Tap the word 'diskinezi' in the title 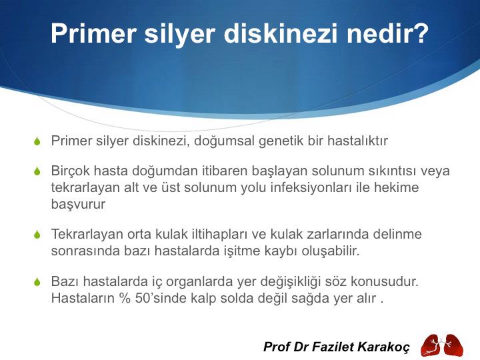pyautogui.click(x=281, y=34)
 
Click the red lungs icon pyautogui.click(x=441, y=344)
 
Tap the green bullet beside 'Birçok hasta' pyautogui.click(x=38, y=171)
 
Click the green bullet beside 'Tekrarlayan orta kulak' pyautogui.click(x=38, y=235)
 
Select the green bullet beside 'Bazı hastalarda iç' pyautogui.click(x=38, y=282)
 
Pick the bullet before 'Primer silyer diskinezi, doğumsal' pyautogui.click(x=38, y=142)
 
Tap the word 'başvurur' pyautogui.click(x=78, y=204)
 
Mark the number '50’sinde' pyautogui.click(x=154, y=298)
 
